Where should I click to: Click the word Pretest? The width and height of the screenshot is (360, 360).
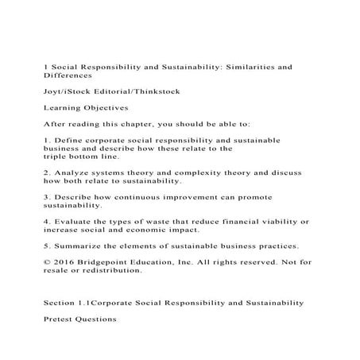(60, 319)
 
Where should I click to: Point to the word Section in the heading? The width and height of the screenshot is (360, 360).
(60, 303)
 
